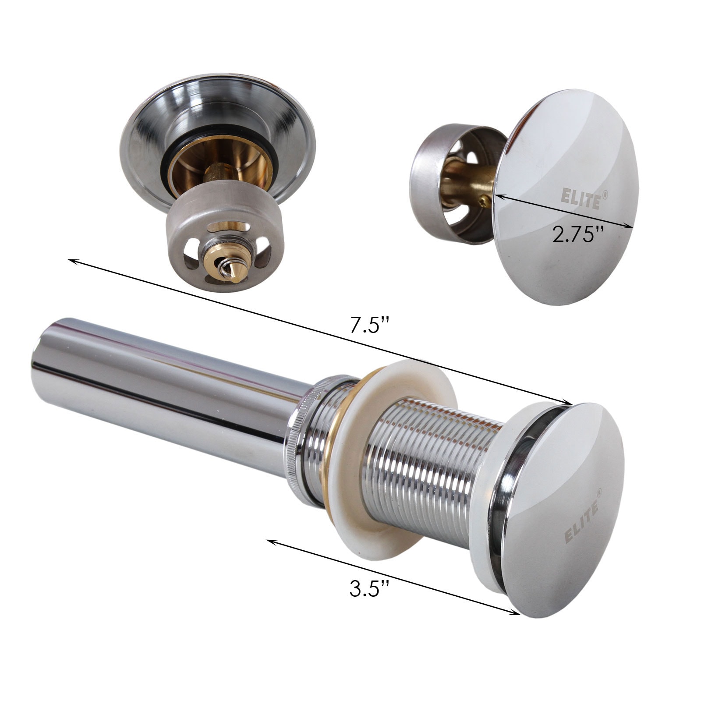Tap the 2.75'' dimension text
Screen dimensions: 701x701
click(x=578, y=236)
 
